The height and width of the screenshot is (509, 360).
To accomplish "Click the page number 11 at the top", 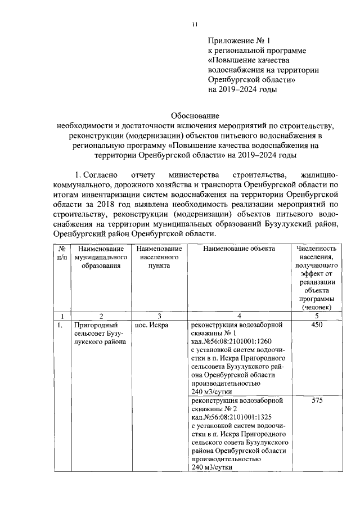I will [194, 24].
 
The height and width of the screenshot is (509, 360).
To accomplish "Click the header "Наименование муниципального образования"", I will [101, 257].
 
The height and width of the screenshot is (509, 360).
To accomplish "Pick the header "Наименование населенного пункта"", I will [159, 257].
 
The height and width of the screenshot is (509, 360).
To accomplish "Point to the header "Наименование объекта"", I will [239, 248].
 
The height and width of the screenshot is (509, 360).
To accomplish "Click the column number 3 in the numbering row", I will [159, 316].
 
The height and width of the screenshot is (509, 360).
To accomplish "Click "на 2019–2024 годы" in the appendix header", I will [242, 88].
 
